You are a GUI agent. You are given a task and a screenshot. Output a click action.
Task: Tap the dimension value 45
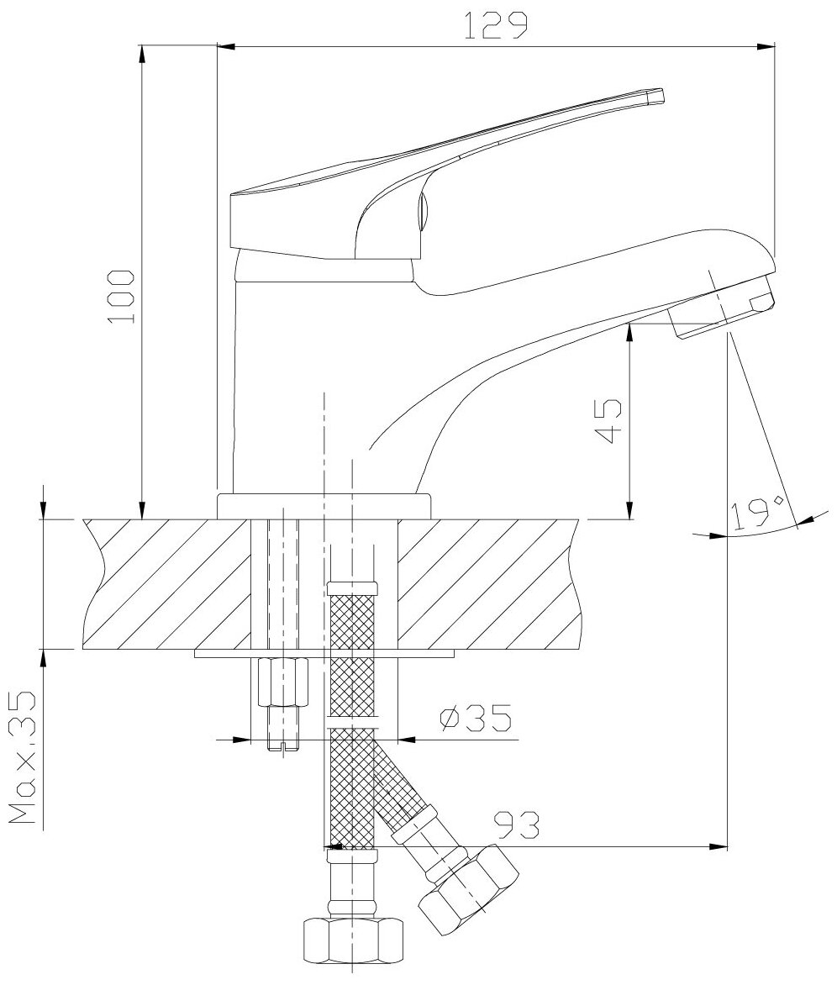609,422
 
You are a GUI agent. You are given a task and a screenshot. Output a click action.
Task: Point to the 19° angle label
756,512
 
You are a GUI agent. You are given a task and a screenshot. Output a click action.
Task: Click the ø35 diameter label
474,719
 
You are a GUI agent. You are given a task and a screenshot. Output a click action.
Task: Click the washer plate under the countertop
324,652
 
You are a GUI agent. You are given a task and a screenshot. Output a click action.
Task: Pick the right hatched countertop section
487,584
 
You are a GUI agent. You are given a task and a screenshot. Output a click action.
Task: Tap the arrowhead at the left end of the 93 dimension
332,847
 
